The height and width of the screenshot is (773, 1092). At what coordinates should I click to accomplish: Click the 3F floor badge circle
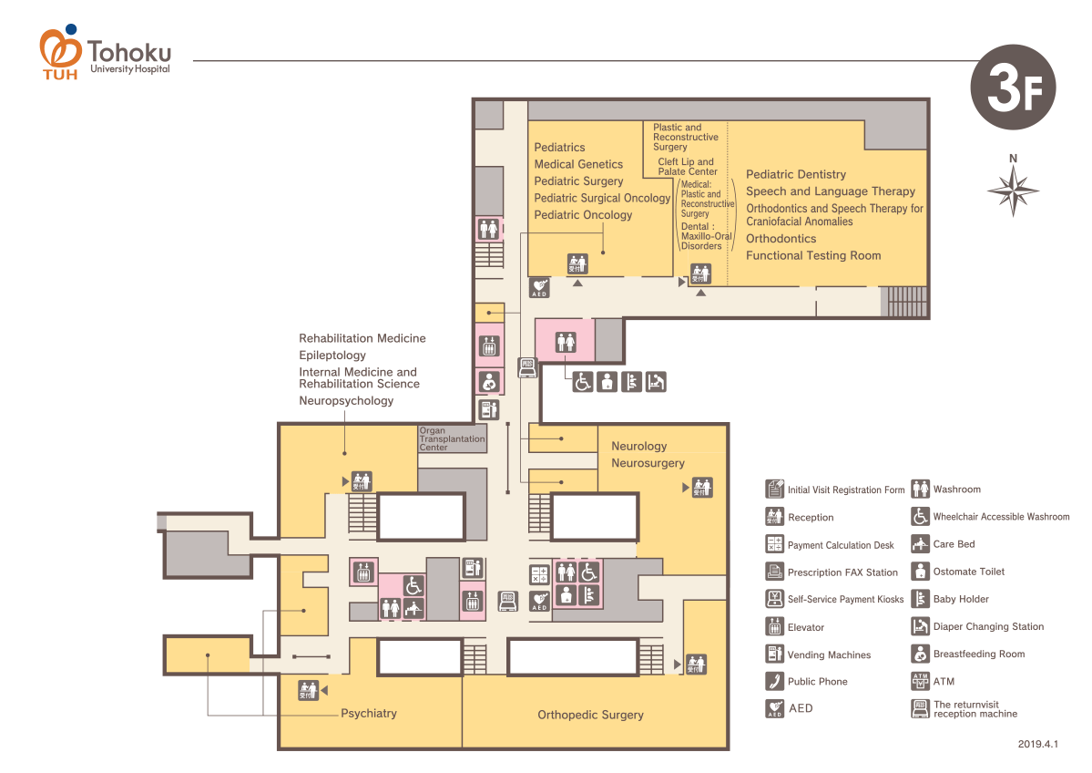[1013, 87]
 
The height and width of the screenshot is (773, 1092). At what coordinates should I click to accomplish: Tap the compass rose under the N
[1013, 191]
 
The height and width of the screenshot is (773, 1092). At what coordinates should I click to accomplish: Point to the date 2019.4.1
[1038, 745]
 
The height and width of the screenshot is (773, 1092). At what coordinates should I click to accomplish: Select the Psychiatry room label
[369, 713]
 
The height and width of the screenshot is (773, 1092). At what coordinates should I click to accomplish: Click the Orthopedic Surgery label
[590, 715]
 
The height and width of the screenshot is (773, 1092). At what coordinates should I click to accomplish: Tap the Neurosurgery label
[648, 463]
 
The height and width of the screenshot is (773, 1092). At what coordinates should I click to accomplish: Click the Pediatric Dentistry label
[796, 174]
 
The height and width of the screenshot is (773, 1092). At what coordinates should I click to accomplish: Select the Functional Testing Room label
[813, 256]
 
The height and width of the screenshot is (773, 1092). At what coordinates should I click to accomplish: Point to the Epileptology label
[332, 356]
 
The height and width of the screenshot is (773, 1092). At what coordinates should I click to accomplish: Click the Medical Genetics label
[578, 164]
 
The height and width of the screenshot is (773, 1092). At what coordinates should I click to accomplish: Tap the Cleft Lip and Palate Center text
[688, 167]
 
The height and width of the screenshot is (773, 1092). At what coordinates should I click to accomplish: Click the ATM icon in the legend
[919, 681]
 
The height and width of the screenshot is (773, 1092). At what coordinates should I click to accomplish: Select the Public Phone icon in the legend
[774, 682]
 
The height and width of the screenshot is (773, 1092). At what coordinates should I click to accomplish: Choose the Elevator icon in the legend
[774, 627]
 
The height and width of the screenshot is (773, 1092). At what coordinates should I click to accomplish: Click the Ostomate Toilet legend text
[969, 572]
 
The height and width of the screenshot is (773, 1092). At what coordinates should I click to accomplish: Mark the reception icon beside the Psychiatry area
[308, 691]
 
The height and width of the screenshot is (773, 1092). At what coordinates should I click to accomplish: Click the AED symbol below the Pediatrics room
[539, 288]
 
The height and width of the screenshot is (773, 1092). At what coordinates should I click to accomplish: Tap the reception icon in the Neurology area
[701, 488]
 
